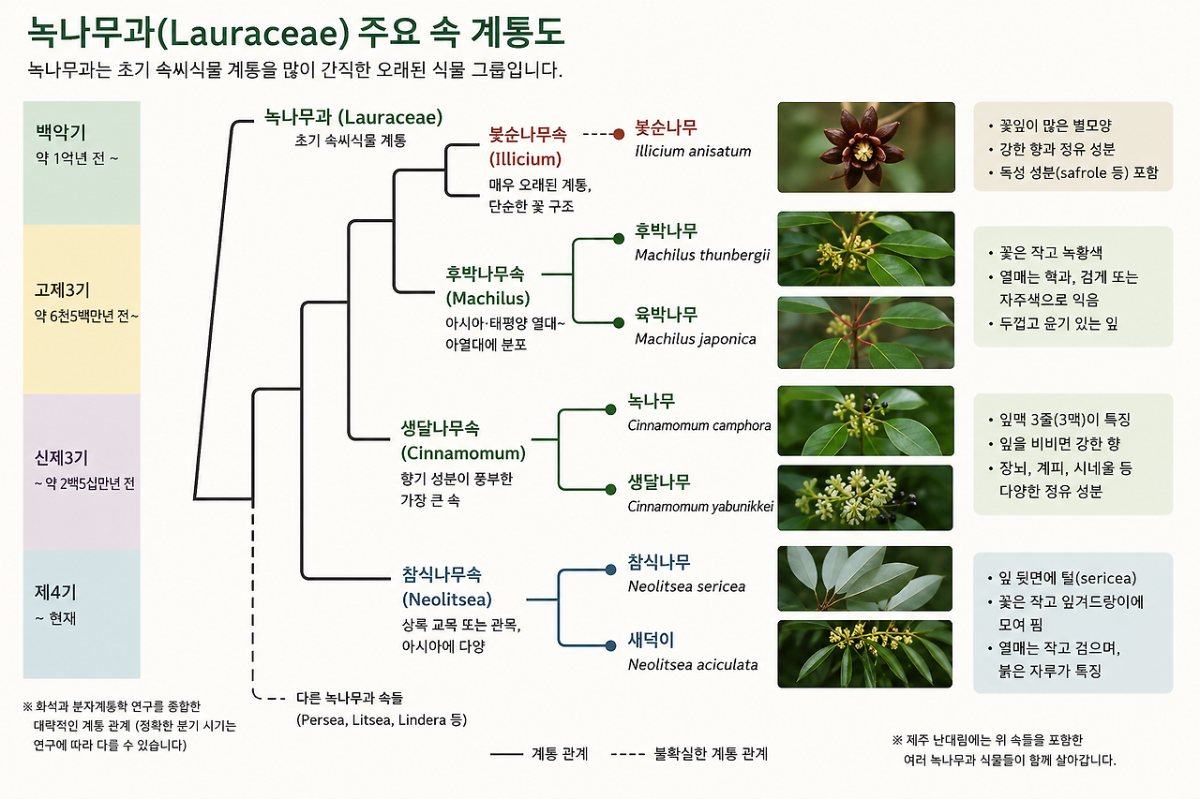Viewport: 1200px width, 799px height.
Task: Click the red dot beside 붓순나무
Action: tap(619, 134)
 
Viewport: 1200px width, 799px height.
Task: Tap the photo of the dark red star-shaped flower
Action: tap(865, 147)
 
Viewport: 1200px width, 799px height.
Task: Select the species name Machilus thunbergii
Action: tap(702, 255)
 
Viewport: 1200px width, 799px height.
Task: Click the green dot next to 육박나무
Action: tap(619, 323)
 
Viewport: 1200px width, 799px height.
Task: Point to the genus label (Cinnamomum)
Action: tap(463, 453)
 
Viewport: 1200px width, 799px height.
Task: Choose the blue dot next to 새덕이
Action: tap(610, 645)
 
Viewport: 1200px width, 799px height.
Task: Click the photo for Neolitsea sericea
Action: tap(864, 579)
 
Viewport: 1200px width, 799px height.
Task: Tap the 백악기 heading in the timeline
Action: tap(61, 132)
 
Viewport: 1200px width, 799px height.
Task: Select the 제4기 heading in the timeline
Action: tap(55, 592)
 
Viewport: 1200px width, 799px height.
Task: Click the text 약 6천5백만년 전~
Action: tap(86, 317)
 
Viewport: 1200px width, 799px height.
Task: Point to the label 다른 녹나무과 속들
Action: tap(350, 698)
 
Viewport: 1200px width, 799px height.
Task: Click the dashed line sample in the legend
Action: tap(628, 755)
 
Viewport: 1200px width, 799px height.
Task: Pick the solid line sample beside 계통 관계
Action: tap(506, 755)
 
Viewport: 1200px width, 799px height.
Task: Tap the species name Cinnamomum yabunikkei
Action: tap(700, 506)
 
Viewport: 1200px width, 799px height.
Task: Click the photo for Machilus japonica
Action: tap(865, 333)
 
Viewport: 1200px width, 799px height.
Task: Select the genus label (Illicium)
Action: tap(525, 159)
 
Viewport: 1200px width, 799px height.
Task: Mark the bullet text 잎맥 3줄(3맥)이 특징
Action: tap(1064, 420)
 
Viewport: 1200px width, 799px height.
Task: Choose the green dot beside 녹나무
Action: tap(610, 410)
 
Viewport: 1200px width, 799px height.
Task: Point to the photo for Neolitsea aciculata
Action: tap(864, 654)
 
